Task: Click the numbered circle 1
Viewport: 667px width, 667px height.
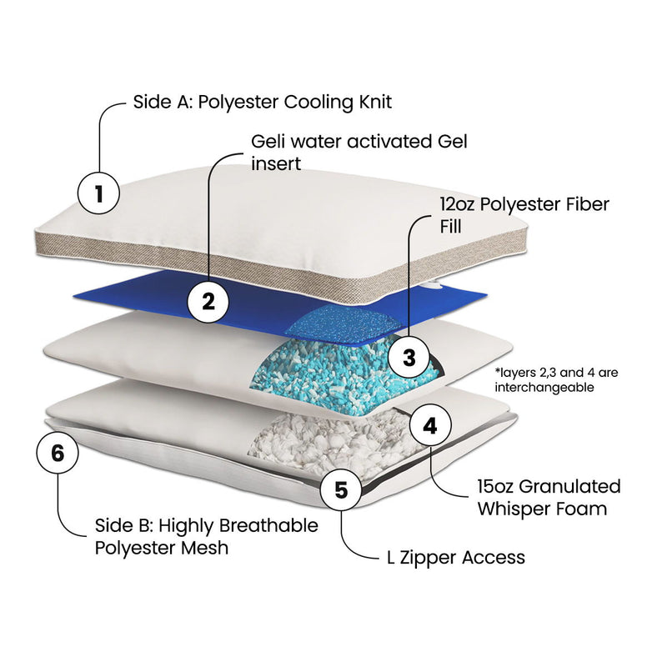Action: (x=98, y=194)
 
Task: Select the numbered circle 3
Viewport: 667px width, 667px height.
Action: (x=409, y=358)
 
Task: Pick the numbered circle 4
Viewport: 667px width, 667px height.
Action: (x=430, y=426)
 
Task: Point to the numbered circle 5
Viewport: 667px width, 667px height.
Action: (x=340, y=489)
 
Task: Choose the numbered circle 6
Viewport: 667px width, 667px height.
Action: (x=58, y=454)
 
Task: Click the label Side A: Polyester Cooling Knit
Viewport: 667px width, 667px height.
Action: (x=262, y=103)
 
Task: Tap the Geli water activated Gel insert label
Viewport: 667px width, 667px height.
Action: (x=359, y=151)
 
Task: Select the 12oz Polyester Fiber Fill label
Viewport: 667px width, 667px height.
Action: (x=524, y=214)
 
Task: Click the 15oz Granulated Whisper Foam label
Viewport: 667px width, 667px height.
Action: (x=549, y=497)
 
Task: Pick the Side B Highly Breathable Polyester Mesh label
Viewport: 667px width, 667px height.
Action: (x=205, y=536)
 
